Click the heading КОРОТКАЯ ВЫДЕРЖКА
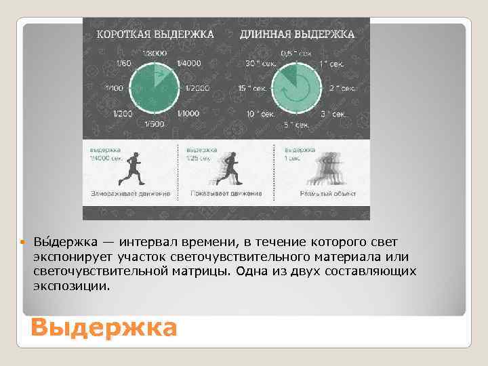(156, 33)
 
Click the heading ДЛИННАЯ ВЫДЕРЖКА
(296, 33)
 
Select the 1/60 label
(124, 63)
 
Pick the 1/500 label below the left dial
(155, 123)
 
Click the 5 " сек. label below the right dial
(296, 124)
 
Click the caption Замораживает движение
(130, 194)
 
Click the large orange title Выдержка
(103, 329)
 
